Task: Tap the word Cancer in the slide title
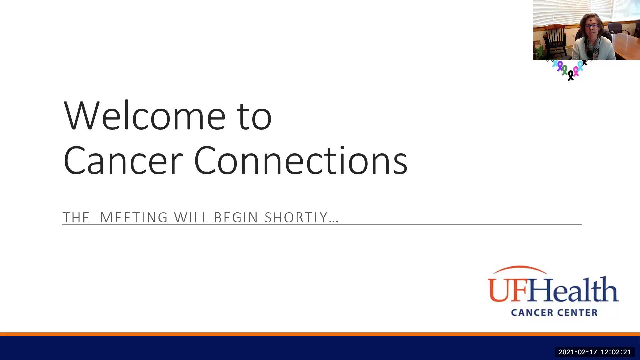[123, 161]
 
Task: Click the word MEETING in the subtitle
[134, 217]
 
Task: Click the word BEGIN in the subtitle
[236, 217]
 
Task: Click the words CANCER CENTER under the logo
[554, 313]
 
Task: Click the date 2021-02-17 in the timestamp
[578, 352]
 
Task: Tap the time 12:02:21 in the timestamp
[616, 352]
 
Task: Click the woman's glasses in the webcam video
[592, 26]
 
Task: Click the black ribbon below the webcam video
[571, 75]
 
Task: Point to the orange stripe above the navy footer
[320, 334]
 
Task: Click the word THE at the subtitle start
[76, 217]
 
